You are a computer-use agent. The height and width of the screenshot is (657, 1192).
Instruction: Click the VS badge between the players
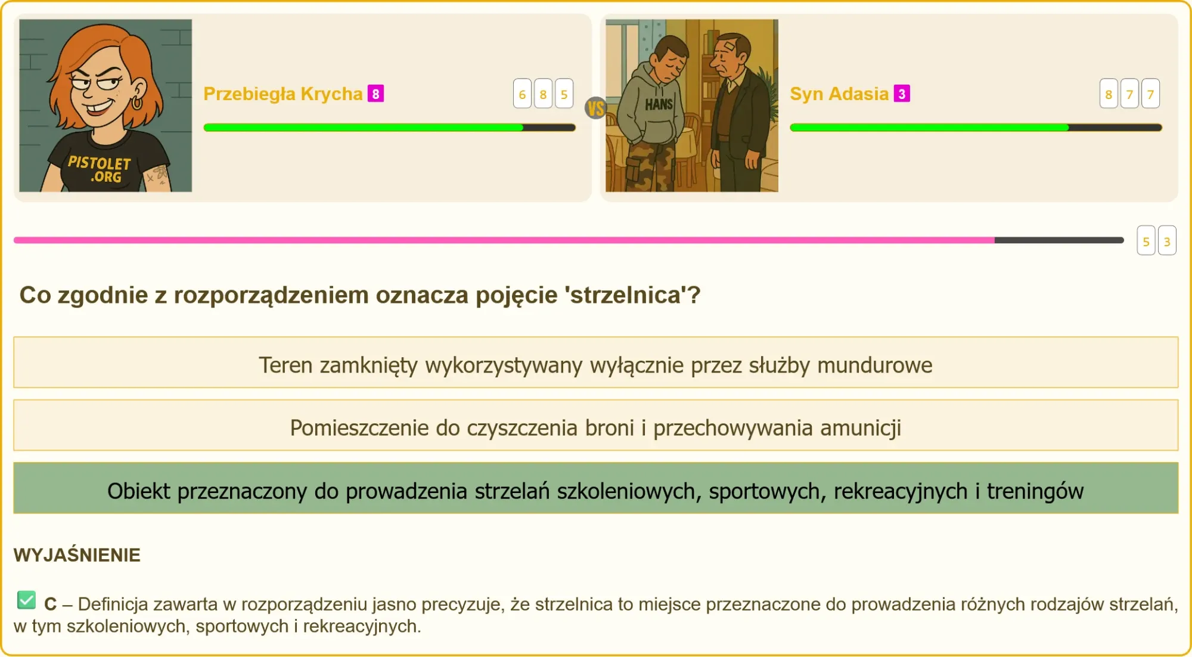tap(595, 109)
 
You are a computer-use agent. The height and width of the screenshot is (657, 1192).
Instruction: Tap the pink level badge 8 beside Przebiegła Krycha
tap(375, 94)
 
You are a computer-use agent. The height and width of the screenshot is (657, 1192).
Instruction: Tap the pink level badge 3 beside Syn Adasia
tap(902, 94)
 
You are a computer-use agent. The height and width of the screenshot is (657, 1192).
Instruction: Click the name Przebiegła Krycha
tap(283, 94)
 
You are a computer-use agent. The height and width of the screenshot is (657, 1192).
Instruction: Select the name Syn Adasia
tap(839, 94)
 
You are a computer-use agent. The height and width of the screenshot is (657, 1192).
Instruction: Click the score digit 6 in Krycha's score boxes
tap(522, 94)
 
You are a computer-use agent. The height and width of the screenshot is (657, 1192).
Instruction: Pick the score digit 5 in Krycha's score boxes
tap(564, 94)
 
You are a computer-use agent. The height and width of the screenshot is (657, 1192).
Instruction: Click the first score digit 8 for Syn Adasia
tap(1109, 94)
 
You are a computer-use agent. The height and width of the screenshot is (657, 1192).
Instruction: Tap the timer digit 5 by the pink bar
tap(1146, 241)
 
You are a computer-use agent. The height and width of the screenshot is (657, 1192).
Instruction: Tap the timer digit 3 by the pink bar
tap(1167, 241)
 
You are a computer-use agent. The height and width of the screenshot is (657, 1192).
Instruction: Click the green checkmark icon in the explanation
tap(27, 600)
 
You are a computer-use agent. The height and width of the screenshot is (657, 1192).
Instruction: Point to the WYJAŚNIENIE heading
tap(77, 555)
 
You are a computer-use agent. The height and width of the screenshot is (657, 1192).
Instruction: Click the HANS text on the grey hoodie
tap(659, 104)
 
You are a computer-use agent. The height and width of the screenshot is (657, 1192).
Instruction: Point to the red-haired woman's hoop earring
tap(137, 103)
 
